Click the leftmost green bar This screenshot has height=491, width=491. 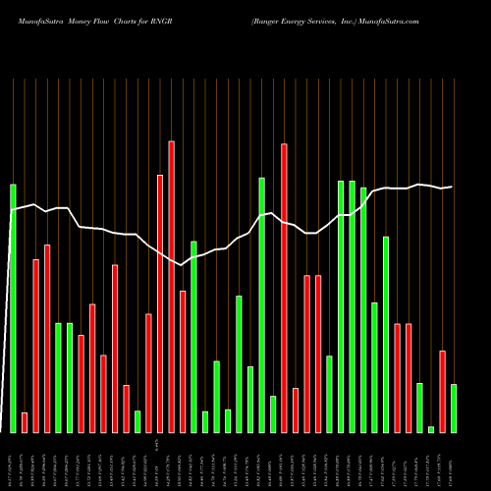[x=14, y=307]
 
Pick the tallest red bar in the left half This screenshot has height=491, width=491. [x=171, y=286]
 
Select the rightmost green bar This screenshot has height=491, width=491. [x=454, y=408]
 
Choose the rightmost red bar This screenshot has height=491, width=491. [x=442, y=391]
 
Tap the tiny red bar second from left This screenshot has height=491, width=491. [x=25, y=422]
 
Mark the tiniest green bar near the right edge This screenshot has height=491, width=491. [x=431, y=429]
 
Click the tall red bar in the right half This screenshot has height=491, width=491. [x=284, y=288]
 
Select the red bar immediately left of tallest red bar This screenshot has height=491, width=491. [x=160, y=303]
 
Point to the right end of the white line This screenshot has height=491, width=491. [x=452, y=187]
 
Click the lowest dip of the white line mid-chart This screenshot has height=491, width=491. [x=182, y=264]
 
